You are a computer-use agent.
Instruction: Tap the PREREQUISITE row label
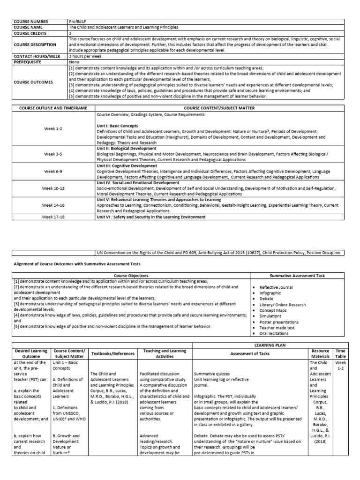point(29,61)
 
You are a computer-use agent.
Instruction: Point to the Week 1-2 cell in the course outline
point(53,127)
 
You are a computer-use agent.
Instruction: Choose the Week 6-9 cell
point(53,172)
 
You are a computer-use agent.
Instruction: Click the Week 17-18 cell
point(53,217)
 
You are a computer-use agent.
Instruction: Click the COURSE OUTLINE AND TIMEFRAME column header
point(53,108)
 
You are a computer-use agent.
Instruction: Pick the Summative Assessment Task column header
point(297,275)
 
